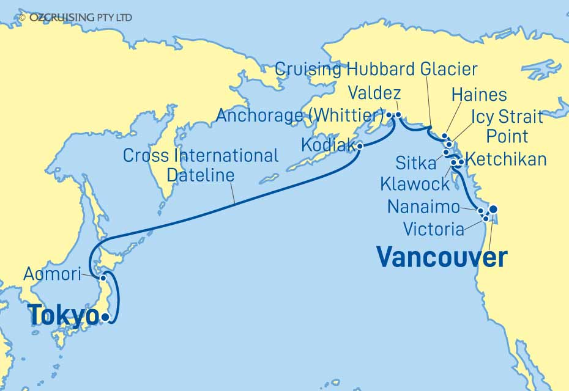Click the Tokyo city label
pos(63,316)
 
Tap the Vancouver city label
pos(442,257)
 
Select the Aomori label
pos(51,275)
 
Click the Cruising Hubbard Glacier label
pos(376,69)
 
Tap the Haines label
pos(478,95)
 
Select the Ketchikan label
pos(506,160)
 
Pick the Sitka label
pos(416,163)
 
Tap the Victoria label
pos(434,230)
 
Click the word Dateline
pos(201,176)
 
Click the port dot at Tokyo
pos(106,317)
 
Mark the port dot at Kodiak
pos(360,146)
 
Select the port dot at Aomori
pos(103,279)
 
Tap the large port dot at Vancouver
pos(493,209)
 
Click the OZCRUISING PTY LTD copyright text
pos(76,18)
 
